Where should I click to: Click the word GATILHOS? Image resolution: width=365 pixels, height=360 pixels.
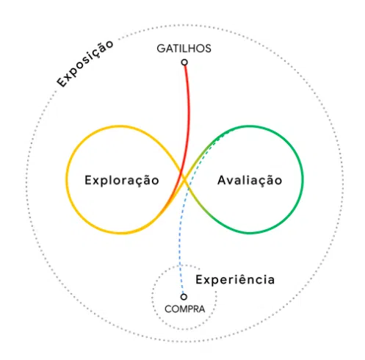click(184, 48)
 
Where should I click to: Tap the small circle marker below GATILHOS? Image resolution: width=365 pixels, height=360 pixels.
click(184, 62)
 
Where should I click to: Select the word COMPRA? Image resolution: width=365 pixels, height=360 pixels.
click(185, 309)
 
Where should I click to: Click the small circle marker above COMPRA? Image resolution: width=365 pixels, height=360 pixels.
click(184, 297)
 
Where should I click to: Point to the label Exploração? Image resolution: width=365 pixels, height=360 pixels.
click(122, 181)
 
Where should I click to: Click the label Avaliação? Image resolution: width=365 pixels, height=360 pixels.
click(250, 181)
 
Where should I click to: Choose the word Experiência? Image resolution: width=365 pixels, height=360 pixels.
click(235, 279)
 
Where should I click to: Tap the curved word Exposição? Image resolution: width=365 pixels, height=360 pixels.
click(84, 64)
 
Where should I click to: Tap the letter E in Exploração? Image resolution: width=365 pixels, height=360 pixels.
click(88, 180)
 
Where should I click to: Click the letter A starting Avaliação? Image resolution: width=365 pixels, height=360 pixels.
click(223, 180)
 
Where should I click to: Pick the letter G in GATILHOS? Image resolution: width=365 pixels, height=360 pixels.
click(162, 48)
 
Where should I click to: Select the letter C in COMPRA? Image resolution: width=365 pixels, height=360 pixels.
click(168, 309)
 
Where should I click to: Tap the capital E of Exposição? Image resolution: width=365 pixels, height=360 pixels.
click(62, 82)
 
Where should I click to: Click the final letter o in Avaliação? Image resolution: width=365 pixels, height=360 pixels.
click(278, 181)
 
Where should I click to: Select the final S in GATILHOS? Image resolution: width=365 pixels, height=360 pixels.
click(207, 48)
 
